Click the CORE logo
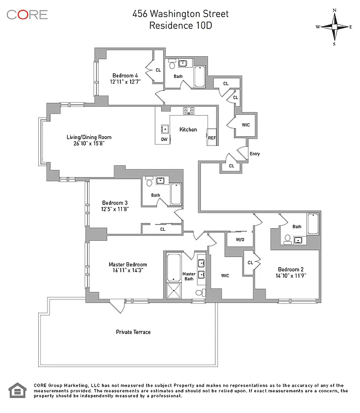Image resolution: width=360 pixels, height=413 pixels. [x=27, y=14]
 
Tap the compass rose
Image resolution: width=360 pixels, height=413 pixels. [x=334, y=27]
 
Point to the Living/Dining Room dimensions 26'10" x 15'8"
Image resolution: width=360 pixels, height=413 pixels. [x=89, y=144]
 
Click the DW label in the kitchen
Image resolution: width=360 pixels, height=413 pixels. [x=164, y=139]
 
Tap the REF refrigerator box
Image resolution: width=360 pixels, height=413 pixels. [x=211, y=137]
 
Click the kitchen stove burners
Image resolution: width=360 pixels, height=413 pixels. [x=188, y=109]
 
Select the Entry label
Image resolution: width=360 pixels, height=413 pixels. [x=255, y=154]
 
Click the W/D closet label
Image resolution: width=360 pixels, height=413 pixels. [x=240, y=240]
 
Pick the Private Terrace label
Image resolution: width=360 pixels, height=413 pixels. [x=133, y=332]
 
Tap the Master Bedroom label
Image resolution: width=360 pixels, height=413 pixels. [x=128, y=265]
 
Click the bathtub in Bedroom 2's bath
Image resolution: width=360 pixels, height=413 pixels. [x=313, y=224]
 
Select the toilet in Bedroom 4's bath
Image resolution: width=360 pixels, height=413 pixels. [x=172, y=66]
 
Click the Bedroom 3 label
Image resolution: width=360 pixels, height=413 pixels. [x=114, y=202]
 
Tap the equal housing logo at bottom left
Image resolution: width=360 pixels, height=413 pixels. [x=17, y=391]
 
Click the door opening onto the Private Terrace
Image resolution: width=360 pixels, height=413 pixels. [x=117, y=306]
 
